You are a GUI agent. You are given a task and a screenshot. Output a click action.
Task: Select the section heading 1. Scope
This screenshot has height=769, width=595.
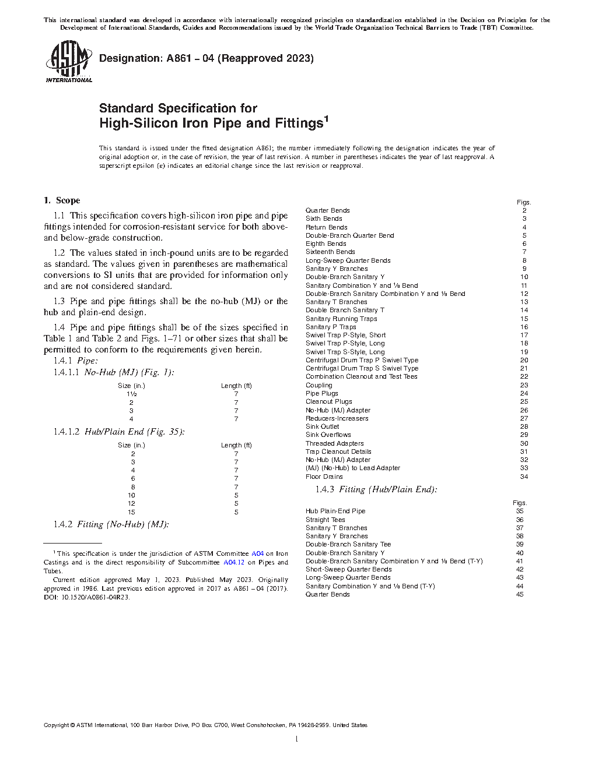pyautogui.click(x=62, y=200)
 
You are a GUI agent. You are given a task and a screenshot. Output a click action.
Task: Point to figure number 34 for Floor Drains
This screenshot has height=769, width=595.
pyautogui.click(x=524, y=477)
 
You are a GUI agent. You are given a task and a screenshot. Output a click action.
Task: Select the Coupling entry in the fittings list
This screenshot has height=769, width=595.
pyautogui.click(x=319, y=385)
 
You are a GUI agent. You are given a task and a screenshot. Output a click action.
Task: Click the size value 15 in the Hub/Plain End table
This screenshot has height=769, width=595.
pyautogui.click(x=131, y=512)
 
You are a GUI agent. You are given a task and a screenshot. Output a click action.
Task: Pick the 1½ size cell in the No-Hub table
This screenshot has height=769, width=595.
pyautogui.click(x=131, y=394)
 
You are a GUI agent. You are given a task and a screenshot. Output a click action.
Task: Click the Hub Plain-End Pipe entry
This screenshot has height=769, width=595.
pyautogui.click(x=335, y=511)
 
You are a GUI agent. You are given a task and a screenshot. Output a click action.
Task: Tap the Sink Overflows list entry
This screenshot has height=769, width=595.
pyautogui.click(x=328, y=435)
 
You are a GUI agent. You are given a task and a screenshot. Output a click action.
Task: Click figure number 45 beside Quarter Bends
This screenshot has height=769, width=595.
pyautogui.click(x=520, y=594)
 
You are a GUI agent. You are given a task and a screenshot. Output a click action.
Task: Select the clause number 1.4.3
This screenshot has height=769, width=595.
pyautogui.click(x=324, y=489)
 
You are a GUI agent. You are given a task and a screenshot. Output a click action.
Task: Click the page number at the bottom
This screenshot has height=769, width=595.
pyautogui.click(x=297, y=739)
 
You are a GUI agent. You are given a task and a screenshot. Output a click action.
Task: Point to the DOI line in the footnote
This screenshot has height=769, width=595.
pyautogui.click(x=87, y=597)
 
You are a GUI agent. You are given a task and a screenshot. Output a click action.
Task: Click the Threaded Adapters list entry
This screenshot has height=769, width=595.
pyautogui.click(x=334, y=443)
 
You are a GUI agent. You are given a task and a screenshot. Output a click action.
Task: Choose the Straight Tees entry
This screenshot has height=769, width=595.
pyautogui.click(x=325, y=520)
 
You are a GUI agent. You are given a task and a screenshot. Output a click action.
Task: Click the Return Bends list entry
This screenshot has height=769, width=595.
pyautogui.click(x=327, y=227)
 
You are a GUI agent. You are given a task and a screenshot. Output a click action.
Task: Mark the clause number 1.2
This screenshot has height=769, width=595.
pyautogui.click(x=59, y=253)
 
